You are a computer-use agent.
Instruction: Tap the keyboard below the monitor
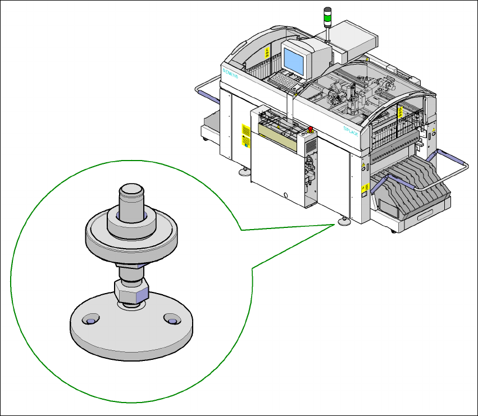click(x=284, y=82)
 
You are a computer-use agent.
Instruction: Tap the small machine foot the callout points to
click(x=343, y=222)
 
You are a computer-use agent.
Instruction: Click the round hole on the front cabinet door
click(x=286, y=195)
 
